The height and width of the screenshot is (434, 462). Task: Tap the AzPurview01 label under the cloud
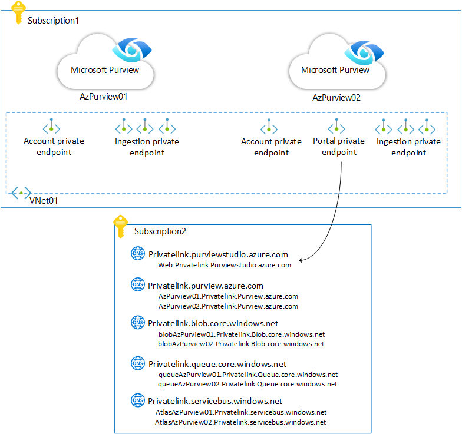tap(104, 96)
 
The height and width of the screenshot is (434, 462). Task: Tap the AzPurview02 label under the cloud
tap(336, 97)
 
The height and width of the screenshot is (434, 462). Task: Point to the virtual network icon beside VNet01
tap(21, 193)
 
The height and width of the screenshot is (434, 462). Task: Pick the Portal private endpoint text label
tap(339, 147)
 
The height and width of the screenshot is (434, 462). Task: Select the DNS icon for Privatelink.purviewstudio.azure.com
tap(137, 254)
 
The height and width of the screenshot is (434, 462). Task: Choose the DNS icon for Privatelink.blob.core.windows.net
tap(137, 323)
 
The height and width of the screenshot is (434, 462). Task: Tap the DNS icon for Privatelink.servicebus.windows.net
tap(137, 401)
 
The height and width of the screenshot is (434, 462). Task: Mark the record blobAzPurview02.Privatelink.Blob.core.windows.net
tap(242, 344)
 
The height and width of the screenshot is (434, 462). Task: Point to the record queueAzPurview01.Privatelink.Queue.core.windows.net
tap(248, 375)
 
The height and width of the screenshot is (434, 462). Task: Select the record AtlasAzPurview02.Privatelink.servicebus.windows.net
tap(241, 422)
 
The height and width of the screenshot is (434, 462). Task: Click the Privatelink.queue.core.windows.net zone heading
tap(217, 364)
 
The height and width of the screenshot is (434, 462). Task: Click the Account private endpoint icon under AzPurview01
tap(52, 127)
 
